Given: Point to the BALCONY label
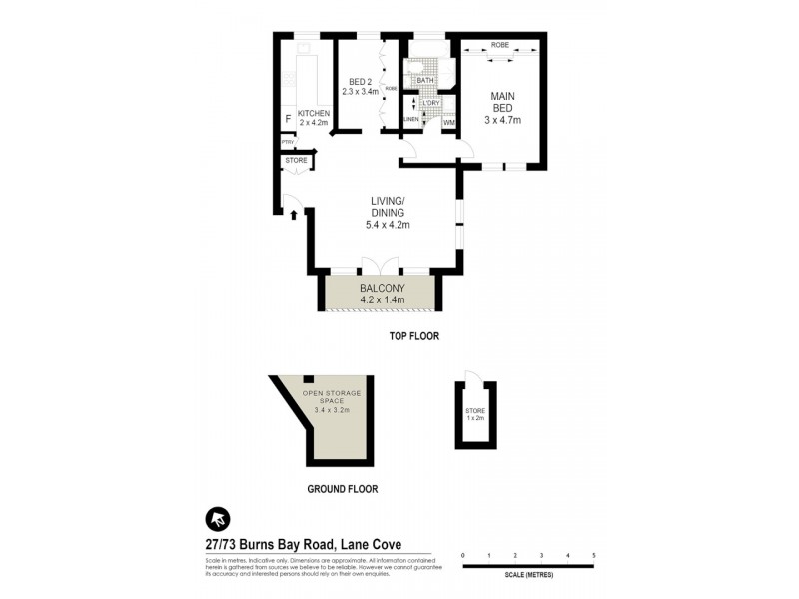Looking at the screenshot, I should (381, 287).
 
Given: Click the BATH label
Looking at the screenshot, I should (425, 81).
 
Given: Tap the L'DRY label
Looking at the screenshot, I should (431, 103).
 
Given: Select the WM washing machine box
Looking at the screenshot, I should (448, 122).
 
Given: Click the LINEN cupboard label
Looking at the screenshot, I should (411, 120).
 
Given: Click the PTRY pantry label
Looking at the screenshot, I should (287, 142).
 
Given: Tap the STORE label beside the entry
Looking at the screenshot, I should (296, 160).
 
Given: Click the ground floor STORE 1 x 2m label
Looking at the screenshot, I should (474, 415).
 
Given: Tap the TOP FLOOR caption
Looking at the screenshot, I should (413, 336).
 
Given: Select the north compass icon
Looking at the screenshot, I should (218, 518).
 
